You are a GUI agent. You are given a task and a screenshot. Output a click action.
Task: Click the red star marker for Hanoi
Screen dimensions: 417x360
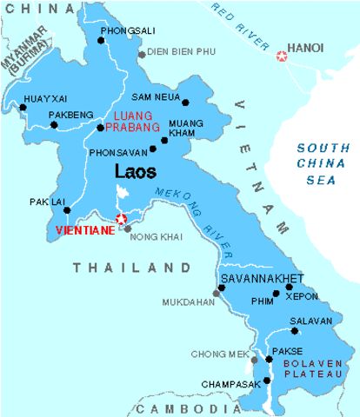281,56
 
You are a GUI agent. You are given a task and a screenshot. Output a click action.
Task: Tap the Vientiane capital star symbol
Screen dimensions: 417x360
121,219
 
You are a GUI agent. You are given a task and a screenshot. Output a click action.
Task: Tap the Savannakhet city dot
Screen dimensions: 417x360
220,288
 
